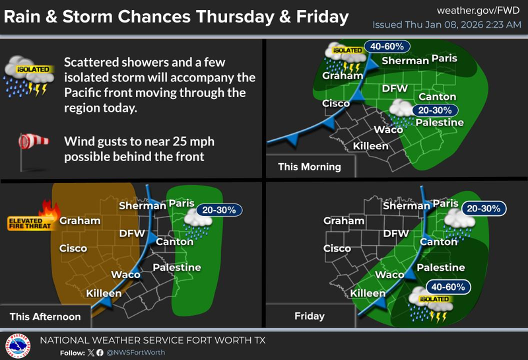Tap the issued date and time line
pos(446,25)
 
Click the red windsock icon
pos(30,143)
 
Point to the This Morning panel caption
pos(310,166)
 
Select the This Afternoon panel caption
pos(45,316)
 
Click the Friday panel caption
pos(310,316)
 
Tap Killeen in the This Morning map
pos(371,145)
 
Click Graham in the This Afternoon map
pos(80,221)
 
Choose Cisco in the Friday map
pos(337,248)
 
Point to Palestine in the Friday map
pos(441,268)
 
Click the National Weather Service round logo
pos(18,345)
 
